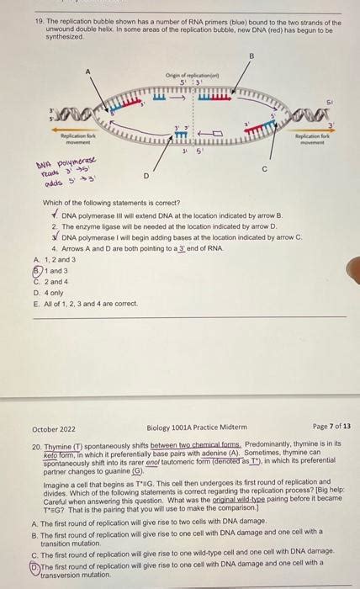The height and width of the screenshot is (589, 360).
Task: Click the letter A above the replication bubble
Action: pyautogui.click(x=87, y=72)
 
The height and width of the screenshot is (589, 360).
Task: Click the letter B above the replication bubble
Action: pyautogui.click(x=250, y=56)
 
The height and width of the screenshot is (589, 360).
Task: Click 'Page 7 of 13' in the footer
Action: pyautogui.click(x=331, y=427)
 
